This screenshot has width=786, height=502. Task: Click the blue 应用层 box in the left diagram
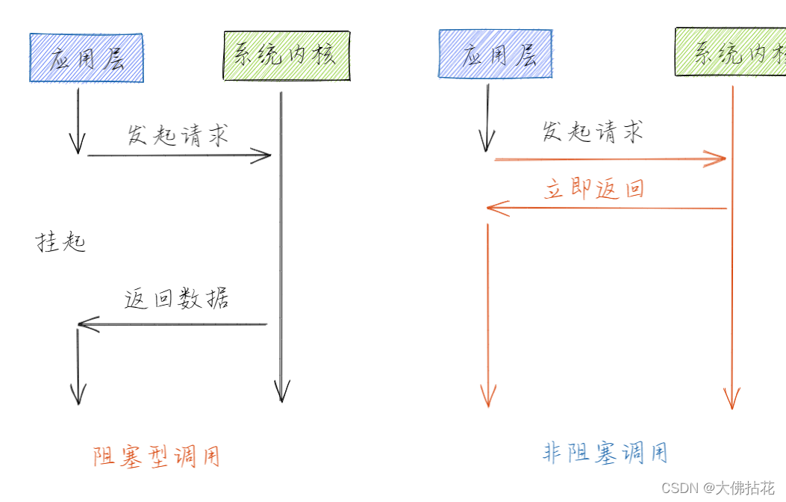(x=86, y=58)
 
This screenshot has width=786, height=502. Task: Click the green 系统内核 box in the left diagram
(x=287, y=55)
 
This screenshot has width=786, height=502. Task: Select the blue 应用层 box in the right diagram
(x=495, y=54)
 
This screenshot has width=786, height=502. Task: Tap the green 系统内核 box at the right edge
(x=731, y=52)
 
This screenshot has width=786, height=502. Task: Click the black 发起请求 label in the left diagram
(x=178, y=135)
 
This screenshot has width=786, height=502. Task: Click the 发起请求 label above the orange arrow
(x=592, y=132)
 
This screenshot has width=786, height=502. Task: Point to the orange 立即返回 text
(x=594, y=188)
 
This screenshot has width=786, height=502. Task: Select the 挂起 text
(x=61, y=241)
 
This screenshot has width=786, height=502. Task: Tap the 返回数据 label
(x=177, y=299)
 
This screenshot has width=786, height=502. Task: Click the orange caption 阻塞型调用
(x=157, y=456)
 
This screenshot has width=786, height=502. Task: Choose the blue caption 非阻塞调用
(x=605, y=453)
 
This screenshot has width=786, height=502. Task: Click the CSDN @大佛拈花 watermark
(x=718, y=488)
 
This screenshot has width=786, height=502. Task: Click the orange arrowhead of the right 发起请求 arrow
(x=718, y=158)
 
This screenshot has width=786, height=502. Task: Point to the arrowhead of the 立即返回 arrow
(x=495, y=208)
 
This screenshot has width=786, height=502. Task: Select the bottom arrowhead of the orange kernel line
(x=732, y=400)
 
